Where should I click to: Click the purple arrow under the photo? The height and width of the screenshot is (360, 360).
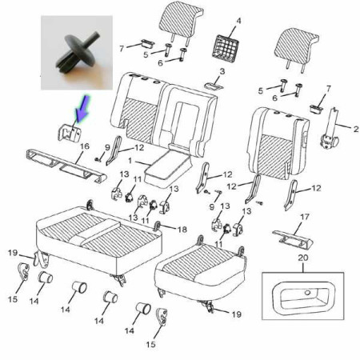point(82,108)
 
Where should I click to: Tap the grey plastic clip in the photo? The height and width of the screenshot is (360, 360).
point(77,53)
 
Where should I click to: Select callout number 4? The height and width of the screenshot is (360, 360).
point(238,21)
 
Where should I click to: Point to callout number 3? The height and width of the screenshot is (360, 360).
point(222,71)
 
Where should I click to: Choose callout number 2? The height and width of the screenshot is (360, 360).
point(356,130)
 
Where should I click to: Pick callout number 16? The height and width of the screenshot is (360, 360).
point(85,146)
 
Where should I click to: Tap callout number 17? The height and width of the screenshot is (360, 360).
point(305,217)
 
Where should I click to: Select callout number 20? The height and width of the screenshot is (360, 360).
point(303,258)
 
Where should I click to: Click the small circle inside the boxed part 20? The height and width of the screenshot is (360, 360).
point(307,293)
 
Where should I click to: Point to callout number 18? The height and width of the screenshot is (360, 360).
point(182,230)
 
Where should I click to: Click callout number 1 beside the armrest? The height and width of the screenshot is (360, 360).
point(130,161)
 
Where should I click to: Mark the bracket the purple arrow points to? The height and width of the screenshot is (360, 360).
point(69,132)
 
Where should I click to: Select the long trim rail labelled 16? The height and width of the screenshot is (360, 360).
point(66,166)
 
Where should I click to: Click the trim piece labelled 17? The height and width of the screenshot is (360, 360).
point(293,239)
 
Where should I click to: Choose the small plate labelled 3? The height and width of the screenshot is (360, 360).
point(214,86)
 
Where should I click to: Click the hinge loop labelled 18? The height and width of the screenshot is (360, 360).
point(157,226)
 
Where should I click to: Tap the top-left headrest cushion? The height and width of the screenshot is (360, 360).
point(180,18)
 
